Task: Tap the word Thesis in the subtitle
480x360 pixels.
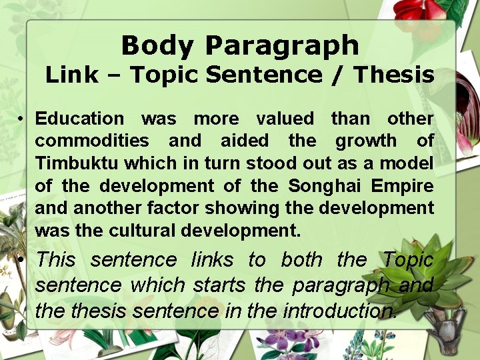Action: pos(394,75)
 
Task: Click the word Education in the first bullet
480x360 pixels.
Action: pos(79,119)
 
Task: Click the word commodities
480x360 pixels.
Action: pos(92,141)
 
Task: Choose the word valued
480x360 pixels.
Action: pos(285,119)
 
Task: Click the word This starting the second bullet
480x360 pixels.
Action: pos(55,259)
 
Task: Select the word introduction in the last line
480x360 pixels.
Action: pos(340,310)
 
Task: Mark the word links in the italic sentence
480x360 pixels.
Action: pos(212,259)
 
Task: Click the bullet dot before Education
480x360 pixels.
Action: pos(22,119)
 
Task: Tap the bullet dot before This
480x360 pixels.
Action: pos(22,260)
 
